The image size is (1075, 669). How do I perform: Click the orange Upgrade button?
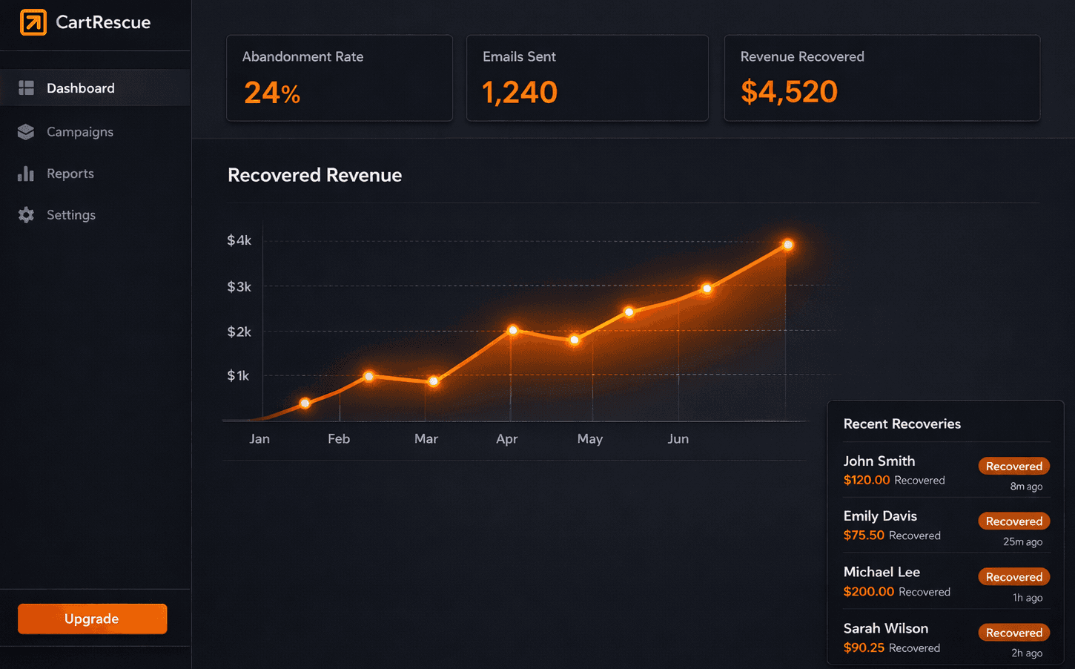point(92,619)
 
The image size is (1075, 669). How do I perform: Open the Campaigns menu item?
point(79,131)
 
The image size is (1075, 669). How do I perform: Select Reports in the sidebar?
point(70,174)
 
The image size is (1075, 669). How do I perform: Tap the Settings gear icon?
point(26,215)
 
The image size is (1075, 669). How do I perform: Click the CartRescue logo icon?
point(33,22)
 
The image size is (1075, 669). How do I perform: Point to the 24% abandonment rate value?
point(271,93)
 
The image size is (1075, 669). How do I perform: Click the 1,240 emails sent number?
point(519,92)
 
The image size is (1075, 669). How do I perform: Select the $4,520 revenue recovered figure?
point(789,92)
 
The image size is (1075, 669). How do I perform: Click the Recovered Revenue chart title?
point(314,175)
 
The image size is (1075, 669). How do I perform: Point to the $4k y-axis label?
point(239,240)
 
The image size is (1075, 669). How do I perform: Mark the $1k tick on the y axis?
point(238,376)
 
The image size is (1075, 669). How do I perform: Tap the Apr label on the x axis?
point(506,439)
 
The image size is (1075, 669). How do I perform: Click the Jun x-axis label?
point(678,439)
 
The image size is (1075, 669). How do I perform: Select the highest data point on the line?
point(787,245)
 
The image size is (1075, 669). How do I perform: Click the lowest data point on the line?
point(305,403)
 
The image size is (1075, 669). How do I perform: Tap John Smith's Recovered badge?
point(1013,466)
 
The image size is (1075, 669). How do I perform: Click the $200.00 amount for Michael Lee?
point(868,591)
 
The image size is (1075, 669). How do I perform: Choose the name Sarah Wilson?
point(885,628)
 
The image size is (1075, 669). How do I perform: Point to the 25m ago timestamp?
point(1022,542)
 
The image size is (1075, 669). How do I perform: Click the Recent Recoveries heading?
point(902,424)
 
